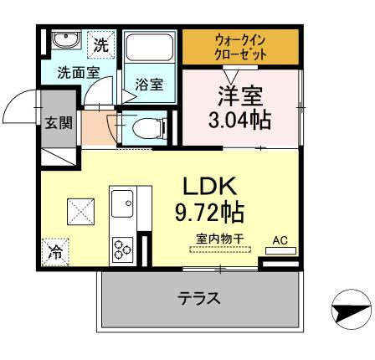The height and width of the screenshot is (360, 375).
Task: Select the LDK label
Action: [209, 185]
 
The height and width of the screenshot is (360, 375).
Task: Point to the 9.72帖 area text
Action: [209, 210]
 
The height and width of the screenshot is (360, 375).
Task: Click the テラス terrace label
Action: [198, 298]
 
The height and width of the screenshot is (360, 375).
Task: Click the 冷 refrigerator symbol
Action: [55, 249]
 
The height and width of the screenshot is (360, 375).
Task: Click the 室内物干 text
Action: [220, 240]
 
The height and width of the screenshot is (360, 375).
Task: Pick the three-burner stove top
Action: [122, 248]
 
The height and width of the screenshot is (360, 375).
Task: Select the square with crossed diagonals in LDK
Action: [80, 209]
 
